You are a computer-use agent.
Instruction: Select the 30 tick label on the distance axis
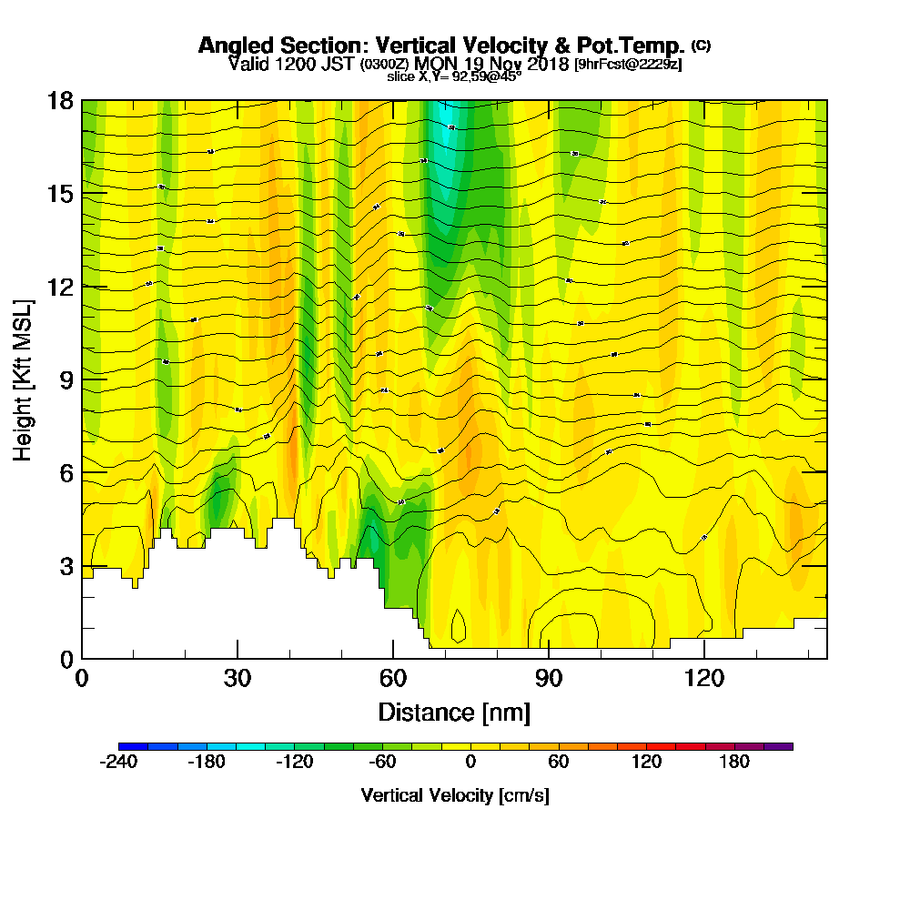[238, 678]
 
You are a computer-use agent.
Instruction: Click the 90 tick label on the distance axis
[549, 678]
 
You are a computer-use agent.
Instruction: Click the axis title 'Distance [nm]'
[454, 711]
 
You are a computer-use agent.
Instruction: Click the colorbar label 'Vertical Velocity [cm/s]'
[455, 795]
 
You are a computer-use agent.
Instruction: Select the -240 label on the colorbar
[118, 762]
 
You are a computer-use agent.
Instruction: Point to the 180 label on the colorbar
[734, 762]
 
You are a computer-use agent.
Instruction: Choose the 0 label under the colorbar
[470, 762]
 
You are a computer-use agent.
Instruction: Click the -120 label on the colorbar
[294, 762]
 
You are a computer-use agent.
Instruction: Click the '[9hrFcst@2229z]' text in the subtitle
[628, 65]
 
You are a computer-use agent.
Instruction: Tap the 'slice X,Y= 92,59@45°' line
[454, 77]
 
